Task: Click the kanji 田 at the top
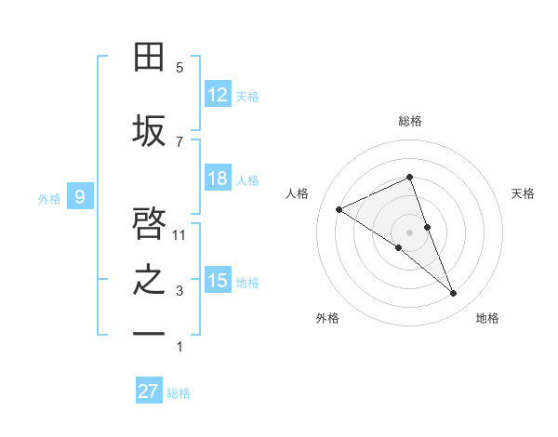pos(150,58)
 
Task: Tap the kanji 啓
pos(150,224)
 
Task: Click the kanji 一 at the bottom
pos(150,333)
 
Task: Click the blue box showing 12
pos(218,95)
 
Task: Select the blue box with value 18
pos(218,179)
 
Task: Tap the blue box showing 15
pos(218,281)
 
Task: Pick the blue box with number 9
pos(80,196)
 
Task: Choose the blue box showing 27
pos(149,391)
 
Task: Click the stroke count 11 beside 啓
pos(180,235)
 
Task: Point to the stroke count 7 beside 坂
pos(179,141)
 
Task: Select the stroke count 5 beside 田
pos(179,68)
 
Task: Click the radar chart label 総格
pos(409,121)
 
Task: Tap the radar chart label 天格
pos(524,193)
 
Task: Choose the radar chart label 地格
pos(487,318)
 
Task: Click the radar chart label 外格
pos(327,318)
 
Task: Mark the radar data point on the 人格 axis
pos(339,209)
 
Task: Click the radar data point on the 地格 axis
pos(454,294)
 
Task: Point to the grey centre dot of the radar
pos(409,232)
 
